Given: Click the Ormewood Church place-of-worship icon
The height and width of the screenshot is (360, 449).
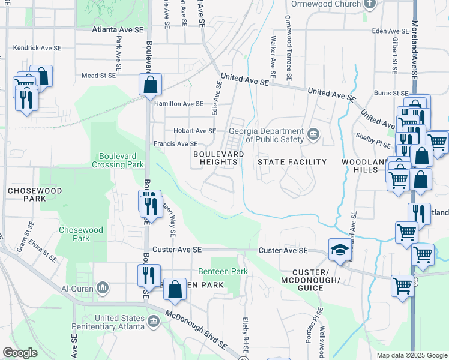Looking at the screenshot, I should click(x=370, y=4).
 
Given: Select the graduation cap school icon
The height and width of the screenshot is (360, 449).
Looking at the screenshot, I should click(x=339, y=251).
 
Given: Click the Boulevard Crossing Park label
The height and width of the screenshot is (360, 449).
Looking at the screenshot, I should click(x=118, y=160).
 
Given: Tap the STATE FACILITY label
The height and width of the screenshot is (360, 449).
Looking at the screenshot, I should click(x=292, y=162).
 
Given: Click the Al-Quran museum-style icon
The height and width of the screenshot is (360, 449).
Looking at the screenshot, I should click(x=103, y=289).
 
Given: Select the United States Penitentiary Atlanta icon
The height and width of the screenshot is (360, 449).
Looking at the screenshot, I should click(x=154, y=322).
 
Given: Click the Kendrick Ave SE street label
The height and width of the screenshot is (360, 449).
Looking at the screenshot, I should click(x=37, y=47).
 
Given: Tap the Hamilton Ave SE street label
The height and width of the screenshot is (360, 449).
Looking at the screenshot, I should click(x=179, y=104).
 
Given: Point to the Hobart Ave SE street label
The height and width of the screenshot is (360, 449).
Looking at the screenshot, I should click(x=194, y=131).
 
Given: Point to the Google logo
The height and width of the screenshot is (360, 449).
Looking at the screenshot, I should click(x=20, y=353).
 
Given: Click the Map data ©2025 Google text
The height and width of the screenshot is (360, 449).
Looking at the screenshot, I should click(x=411, y=355).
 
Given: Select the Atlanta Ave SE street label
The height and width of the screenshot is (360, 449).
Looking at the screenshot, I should click(x=118, y=29).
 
